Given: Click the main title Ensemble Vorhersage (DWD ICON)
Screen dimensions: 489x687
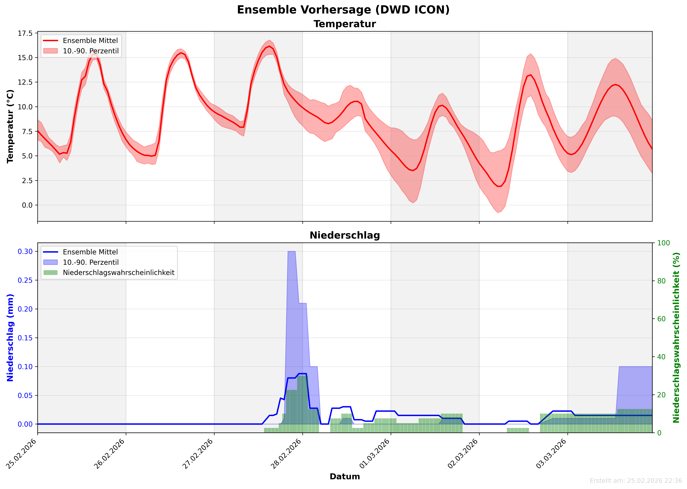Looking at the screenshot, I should tap(343, 10).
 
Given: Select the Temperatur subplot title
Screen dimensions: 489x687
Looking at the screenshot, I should tap(345, 24).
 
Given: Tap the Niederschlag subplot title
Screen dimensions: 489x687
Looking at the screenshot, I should tap(345, 235).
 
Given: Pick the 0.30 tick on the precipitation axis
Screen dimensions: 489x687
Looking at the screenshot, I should tap(25, 251).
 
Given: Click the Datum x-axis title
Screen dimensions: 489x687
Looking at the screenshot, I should tap(345, 477).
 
